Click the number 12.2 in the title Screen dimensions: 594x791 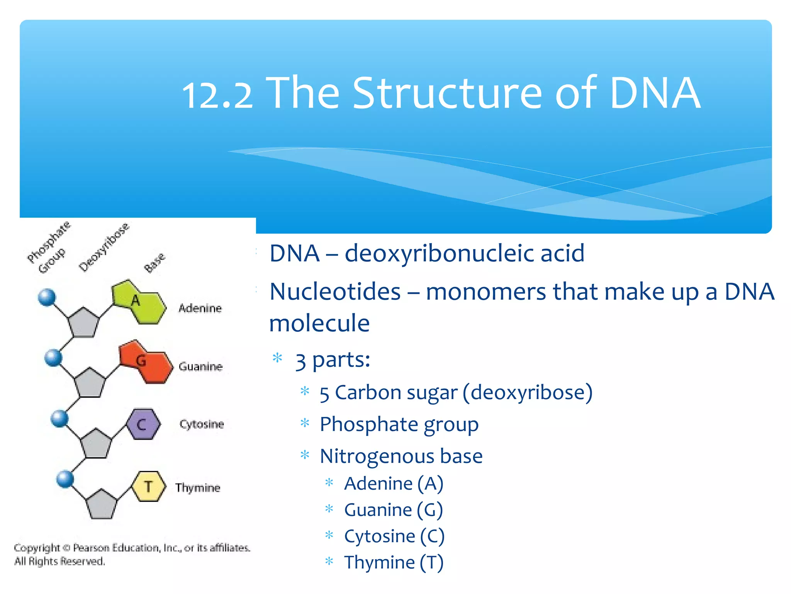click(217, 95)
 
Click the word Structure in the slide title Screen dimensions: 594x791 click(448, 93)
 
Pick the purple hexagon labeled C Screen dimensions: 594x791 click(143, 425)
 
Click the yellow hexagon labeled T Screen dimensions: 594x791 click(149, 486)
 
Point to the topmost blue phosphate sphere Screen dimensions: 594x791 click(47, 297)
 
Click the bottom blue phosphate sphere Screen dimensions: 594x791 click(65, 479)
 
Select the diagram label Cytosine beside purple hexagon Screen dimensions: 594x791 click(202, 424)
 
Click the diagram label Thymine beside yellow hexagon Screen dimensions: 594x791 click(198, 488)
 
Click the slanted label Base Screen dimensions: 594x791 click(154, 263)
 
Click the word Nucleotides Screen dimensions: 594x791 click(335, 292)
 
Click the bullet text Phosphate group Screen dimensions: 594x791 click(399, 425)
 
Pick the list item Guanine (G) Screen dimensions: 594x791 click(393, 510)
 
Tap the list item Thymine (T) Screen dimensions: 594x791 click(394, 562)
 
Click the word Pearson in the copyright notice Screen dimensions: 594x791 click(91, 548)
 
